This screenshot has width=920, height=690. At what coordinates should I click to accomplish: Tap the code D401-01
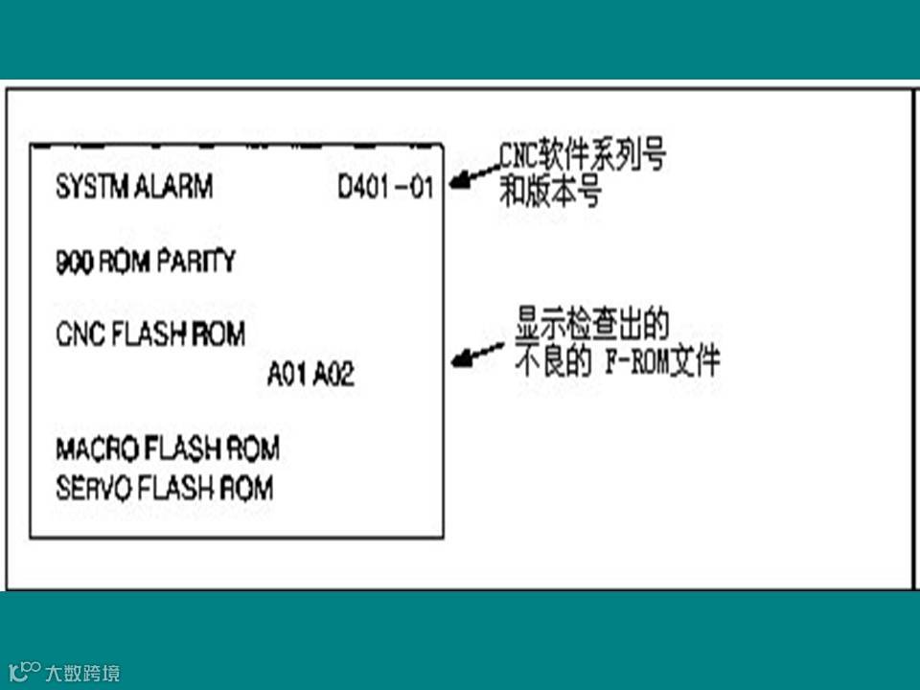385,187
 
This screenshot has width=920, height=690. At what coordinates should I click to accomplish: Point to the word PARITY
197,262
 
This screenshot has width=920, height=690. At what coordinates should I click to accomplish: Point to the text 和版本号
550,194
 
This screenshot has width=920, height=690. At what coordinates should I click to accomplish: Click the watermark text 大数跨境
82,674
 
